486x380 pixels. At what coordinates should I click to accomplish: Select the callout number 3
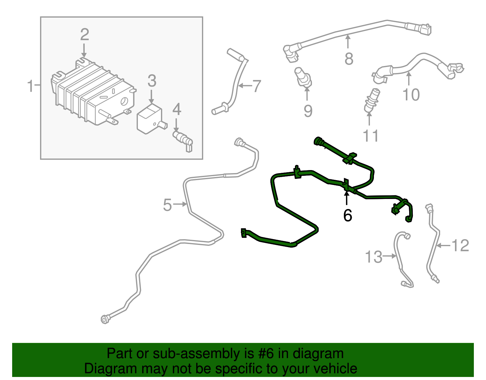(x=152, y=81)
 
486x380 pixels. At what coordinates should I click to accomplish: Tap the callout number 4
(x=176, y=110)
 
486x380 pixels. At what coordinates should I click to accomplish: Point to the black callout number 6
(x=347, y=215)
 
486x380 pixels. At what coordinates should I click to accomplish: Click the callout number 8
(x=349, y=59)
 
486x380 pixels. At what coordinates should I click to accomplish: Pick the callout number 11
(x=371, y=136)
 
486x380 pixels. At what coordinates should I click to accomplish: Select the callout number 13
(x=373, y=257)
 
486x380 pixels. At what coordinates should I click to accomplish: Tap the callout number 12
(x=460, y=246)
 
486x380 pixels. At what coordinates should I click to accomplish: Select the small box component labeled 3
(x=149, y=119)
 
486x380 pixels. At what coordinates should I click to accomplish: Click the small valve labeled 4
(x=183, y=139)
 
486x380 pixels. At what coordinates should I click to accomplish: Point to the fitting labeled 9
(x=303, y=77)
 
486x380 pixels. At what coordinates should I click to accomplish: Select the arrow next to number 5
(x=180, y=204)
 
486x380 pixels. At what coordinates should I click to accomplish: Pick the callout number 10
(x=411, y=95)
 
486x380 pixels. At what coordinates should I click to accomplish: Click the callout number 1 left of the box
(x=30, y=86)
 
